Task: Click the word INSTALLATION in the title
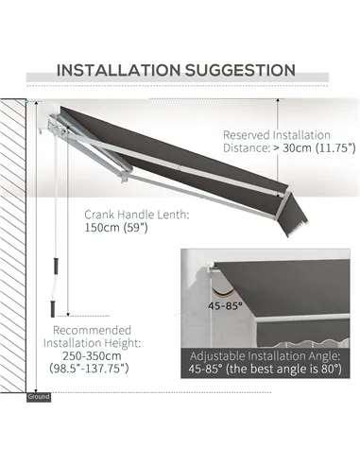click(x=117, y=69)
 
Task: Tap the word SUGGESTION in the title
click(x=237, y=69)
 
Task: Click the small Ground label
click(x=39, y=396)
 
